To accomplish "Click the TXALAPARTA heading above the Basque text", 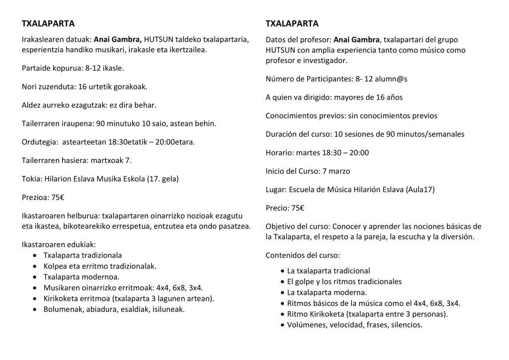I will pos(48,23).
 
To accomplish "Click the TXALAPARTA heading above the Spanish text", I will pos(292,23).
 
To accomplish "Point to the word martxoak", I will pos(105,160).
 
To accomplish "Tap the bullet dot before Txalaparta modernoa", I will pos(34,276).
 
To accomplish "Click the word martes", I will pos(306,153).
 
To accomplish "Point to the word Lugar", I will pos(276,189).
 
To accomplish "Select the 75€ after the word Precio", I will pos(298,208).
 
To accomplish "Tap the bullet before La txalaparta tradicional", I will pos(282,271).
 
